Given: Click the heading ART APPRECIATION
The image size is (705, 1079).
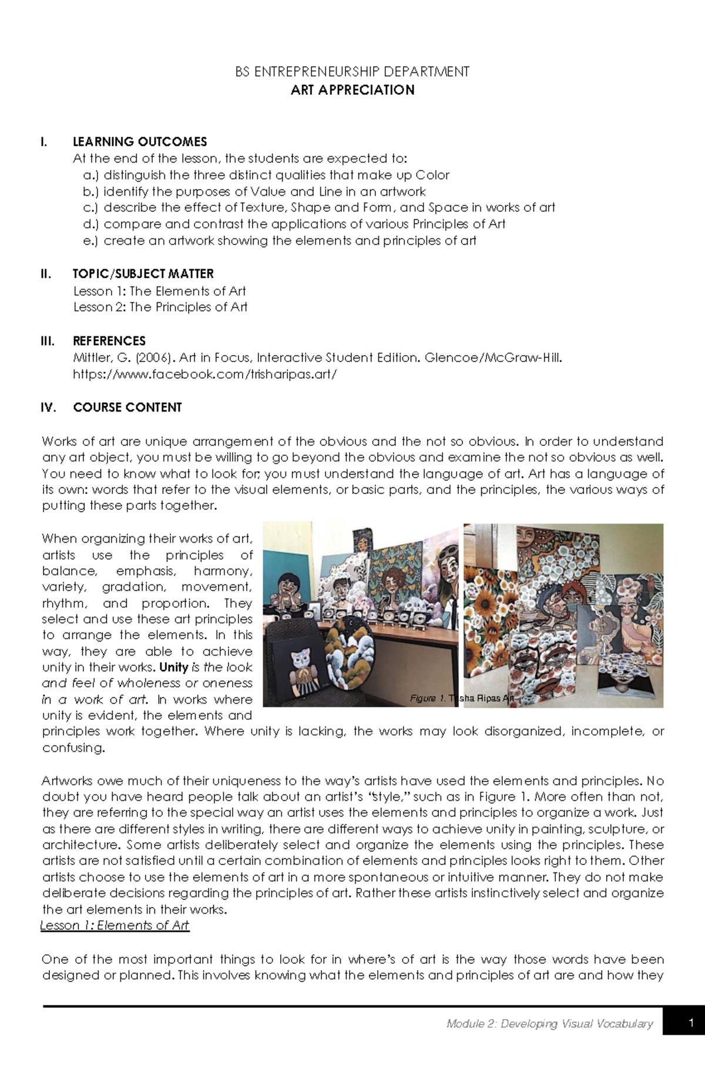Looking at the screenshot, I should click(x=352, y=90).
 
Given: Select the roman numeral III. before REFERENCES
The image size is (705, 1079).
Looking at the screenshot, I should click(x=48, y=341).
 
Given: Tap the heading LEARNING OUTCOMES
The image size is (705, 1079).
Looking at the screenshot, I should click(x=139, y=142).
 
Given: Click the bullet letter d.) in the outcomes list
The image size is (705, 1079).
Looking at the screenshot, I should click(x=90, y=224).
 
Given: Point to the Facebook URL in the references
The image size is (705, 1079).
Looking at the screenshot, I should click(x=204, y=374).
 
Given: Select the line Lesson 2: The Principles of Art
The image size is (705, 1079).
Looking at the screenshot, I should click(x=160, y=307).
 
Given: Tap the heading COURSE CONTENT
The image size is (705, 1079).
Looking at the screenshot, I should click(x=127, y=407).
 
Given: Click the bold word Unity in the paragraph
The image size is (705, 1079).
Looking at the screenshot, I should click(x=173, y=667).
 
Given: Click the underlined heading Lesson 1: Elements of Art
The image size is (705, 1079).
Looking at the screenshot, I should click(x=115, y=926).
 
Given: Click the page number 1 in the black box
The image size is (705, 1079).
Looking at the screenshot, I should click(x=692, y=1023).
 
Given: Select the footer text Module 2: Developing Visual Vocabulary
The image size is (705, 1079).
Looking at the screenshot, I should click(x=549, y=1024).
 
